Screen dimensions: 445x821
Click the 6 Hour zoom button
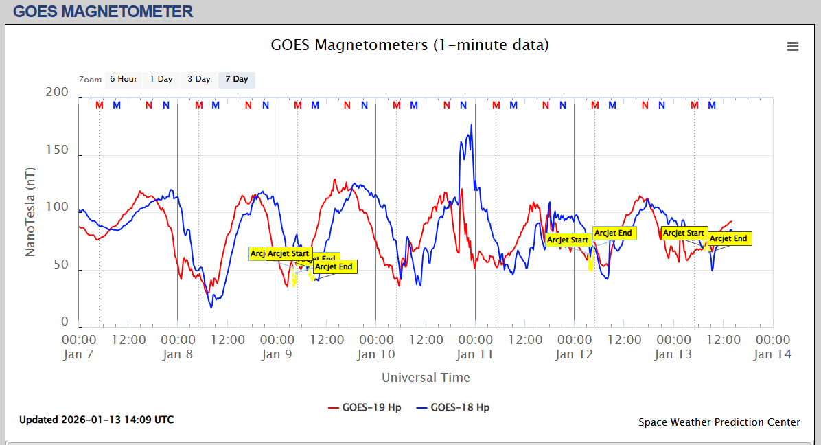click(123, 79)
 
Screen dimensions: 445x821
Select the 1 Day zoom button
click(161, 79)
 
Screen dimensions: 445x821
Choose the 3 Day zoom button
click(199, 79)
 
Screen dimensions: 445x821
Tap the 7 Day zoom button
click(237, 79)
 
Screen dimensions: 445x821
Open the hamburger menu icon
click(793, 47)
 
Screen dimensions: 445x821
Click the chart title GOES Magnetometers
click(410, 45)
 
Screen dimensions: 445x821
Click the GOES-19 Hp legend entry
click(365, 407)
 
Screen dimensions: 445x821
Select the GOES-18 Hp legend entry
click(453, 407)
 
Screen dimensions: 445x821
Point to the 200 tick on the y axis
click(56, 93)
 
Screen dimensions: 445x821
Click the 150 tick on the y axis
click(56, 150)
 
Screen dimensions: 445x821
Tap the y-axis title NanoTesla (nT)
click(30, 212)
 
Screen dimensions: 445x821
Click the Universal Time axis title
click(426, 377)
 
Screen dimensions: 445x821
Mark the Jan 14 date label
click(772, 354)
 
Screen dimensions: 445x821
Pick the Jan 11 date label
click(475, 354)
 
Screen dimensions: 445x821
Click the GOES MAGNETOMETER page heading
click(103, 12)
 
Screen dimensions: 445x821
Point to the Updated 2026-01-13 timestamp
click(96, 420)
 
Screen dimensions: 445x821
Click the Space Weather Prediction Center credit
click(719, 422)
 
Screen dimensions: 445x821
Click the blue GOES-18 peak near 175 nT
click(471, 125)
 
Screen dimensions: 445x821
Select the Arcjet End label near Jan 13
click(728, 239)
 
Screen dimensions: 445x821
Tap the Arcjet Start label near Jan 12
click(568, 240)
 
